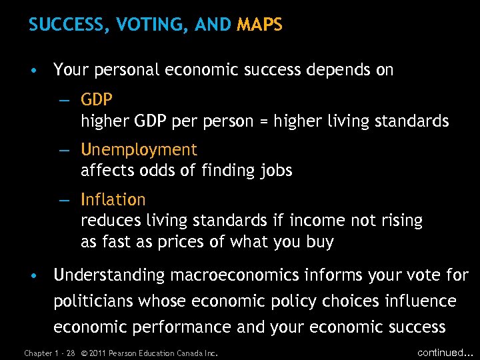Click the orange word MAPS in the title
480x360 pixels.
pos(259,25)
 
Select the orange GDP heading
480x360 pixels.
pos(97,100)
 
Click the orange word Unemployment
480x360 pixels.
pos(139,149)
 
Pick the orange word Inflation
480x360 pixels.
pos(113,199)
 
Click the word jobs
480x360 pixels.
pos(276,171)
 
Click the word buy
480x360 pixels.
pos(318,242)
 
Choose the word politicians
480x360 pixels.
pos(93,301)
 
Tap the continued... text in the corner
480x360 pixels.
pos(443,351)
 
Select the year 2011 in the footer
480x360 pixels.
pos(97,353)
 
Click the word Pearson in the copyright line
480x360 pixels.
pos(125,353)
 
